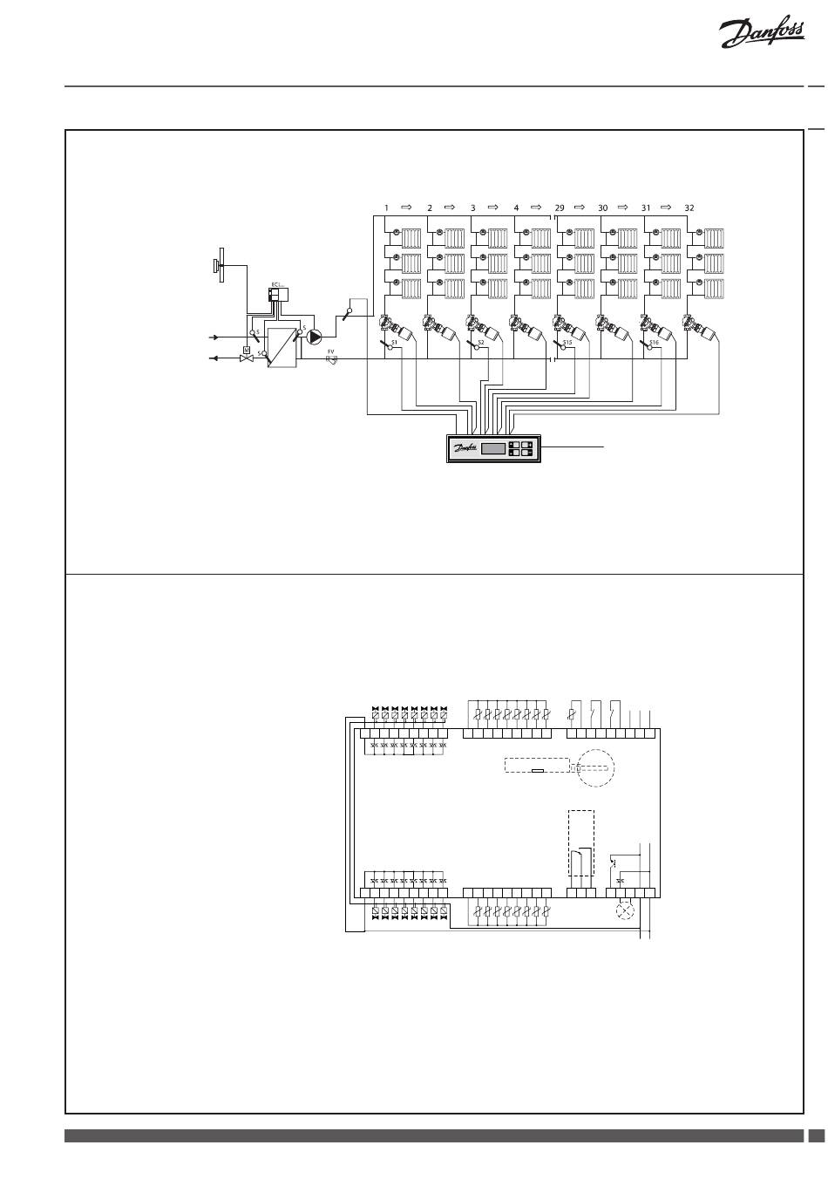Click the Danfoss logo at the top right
point(760,36)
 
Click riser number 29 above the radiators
point(560,208)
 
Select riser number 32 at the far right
point(689,208)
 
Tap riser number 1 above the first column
point(386,208)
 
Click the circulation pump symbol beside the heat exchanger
point(315,336)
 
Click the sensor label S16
point(654,344)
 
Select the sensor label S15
point(567,344)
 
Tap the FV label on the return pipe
point(331,352)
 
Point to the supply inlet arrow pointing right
point(211,336)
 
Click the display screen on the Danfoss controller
point(493,448)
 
